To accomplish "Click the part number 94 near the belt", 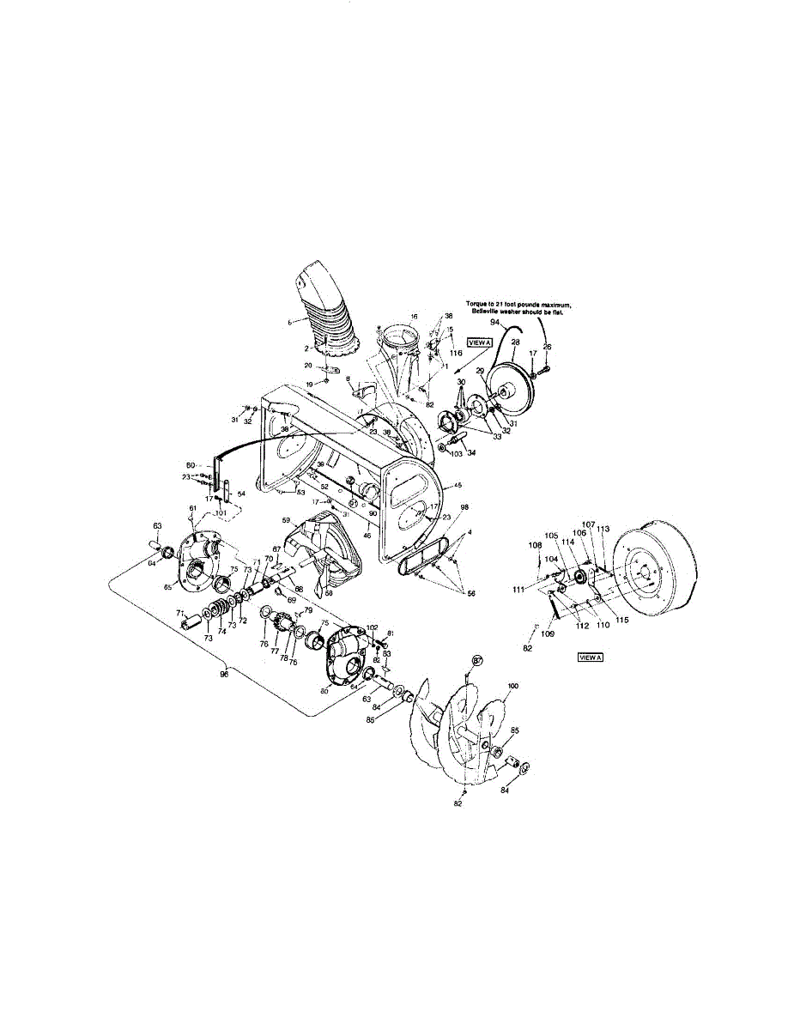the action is tap(495, 323).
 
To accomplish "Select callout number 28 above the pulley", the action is tap(515, 342).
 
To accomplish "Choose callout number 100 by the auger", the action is tap(513, 687).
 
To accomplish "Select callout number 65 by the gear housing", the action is tap(169, 587).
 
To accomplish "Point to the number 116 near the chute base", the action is tap(456, 353).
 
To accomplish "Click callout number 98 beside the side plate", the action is tap(464, 508).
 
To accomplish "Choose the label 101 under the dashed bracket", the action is tap(221, 513).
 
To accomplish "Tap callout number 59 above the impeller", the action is tap(287, 520).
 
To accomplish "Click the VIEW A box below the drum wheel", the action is tap(591, 657).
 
